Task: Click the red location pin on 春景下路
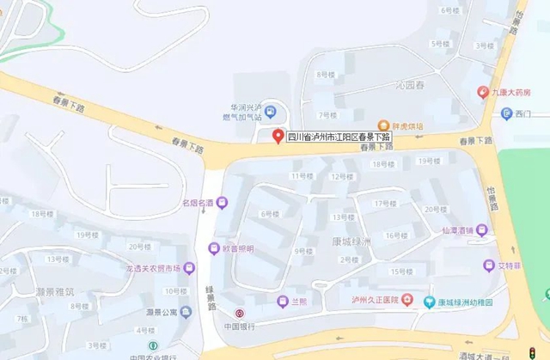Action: coord(278,136)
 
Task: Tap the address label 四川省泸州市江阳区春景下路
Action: coord(338,136)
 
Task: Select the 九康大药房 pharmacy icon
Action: coord(484,91)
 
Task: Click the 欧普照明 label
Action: coord(237,249)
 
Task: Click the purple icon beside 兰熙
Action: coord(282,301)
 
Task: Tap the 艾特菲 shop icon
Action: coord(488,265)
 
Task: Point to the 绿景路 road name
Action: coord(211,288)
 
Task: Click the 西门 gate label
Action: coord(522,113)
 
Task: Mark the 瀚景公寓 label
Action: coord(161,312)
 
